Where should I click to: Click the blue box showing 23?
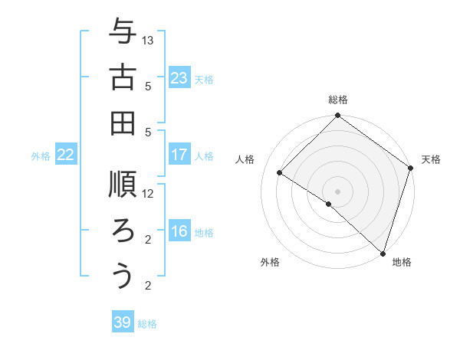179,78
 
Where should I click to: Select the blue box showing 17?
179,155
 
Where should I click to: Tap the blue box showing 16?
179,231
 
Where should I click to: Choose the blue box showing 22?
66,155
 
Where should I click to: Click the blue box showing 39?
123,322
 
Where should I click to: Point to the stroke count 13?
149,39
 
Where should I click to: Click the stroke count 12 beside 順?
149,193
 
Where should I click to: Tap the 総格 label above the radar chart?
338,100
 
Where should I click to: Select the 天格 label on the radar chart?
431,159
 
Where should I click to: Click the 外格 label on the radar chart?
270,262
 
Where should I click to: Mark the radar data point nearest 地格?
383,252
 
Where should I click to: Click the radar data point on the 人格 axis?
281,172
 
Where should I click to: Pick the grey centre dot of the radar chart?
337,191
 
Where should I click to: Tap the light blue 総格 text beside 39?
147,324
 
